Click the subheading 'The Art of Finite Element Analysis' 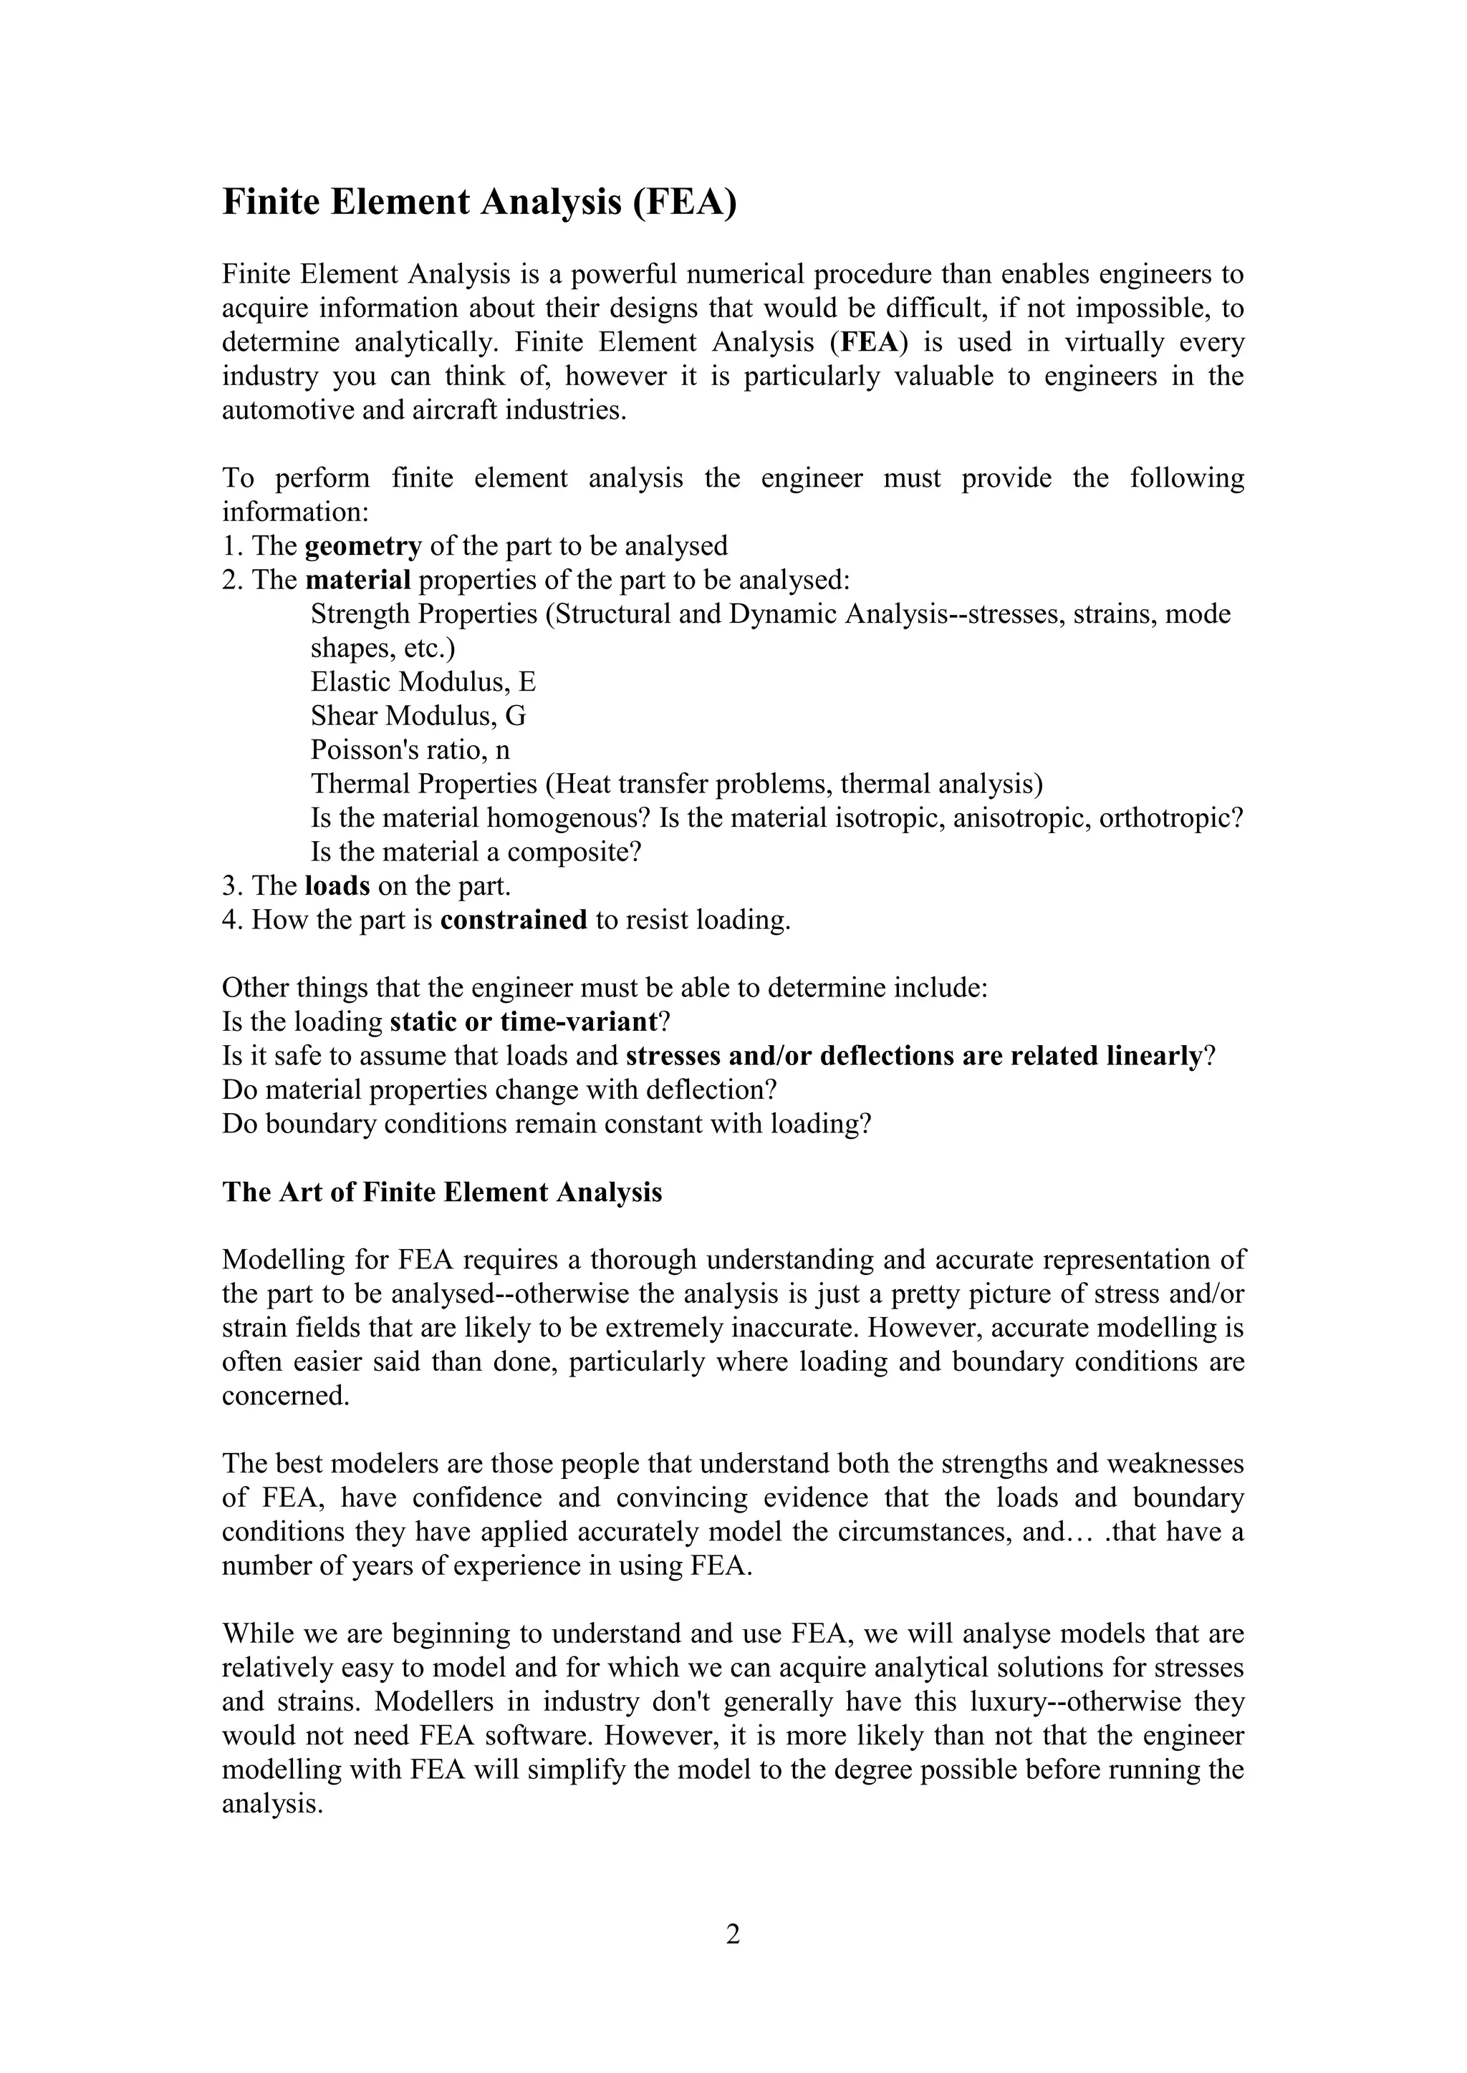442,1193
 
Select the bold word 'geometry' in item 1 363,546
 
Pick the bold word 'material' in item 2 357,580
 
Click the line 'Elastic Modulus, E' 423,681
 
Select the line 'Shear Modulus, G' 418,716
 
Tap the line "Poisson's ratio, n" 410,750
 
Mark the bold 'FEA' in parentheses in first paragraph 867,343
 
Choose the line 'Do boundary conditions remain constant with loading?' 547,1124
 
